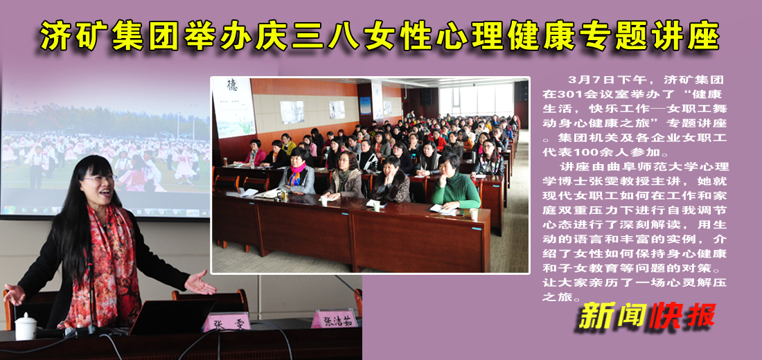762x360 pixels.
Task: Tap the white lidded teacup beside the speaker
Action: (26, 326)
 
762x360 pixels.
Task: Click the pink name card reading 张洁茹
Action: (334, 319)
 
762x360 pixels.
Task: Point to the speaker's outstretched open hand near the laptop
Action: (200, 283)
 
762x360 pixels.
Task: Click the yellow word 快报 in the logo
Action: (682, 317)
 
